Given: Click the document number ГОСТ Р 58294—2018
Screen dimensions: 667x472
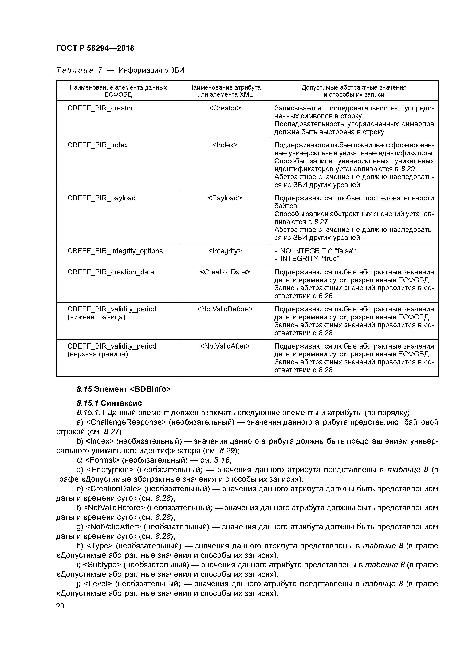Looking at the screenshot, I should (95, 48).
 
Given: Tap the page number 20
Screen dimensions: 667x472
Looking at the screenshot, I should (60, 606).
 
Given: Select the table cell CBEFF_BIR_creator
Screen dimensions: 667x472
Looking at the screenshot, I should (100, 108).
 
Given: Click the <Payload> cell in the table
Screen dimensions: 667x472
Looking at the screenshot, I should (225, 198).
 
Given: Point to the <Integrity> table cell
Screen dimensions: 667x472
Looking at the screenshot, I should (225, 251).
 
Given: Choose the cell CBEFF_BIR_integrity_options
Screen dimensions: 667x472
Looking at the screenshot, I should (115, 251).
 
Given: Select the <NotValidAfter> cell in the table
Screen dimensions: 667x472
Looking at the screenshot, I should (225, 346).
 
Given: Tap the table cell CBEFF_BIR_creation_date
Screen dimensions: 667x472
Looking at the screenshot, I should (111, 272).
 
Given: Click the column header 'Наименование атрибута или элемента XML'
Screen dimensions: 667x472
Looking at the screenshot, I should (225, 91).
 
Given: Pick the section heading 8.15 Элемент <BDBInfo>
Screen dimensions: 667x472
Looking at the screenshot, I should (124, 389).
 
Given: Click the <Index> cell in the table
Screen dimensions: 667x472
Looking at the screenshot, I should (225, 145).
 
